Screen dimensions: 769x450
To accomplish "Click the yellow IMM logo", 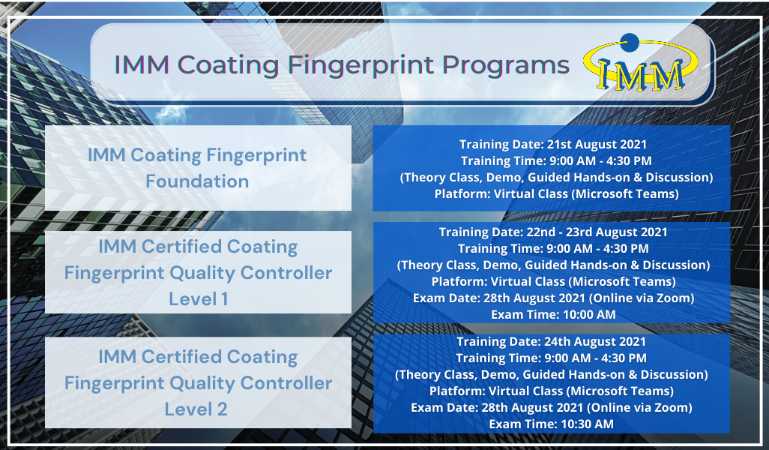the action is (641, 64).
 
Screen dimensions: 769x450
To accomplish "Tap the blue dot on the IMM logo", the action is (630, 42).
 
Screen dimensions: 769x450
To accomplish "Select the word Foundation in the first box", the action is (197, 181).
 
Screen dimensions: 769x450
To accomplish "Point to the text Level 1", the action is (198, 298).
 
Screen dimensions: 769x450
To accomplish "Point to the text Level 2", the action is (196, 409).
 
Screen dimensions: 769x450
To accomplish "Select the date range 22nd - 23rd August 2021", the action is (597, 232).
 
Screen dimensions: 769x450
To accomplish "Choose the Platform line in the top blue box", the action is (557, 193).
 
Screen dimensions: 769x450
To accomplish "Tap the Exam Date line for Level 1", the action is (554, 298).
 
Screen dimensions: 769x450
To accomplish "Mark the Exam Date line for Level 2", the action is (552, 407).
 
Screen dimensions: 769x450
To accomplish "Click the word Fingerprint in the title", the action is (361, 65).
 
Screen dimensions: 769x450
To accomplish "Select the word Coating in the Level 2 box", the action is (262, 357).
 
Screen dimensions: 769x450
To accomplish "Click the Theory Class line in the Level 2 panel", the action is (552, 375).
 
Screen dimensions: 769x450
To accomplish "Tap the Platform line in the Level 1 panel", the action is (554, 282).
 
